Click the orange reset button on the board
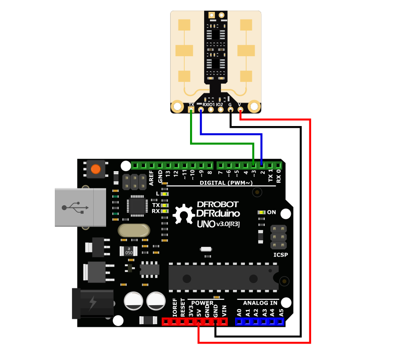click(95, 169)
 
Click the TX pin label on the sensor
click(191, 105)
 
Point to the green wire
click(221, 143)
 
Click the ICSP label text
click(281, 255)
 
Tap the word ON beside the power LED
click(271, 212)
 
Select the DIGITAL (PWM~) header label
click(226, 183)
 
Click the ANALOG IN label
click(260, 303)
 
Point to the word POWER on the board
click(202, 303)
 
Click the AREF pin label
click(151, 176)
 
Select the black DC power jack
click(93, 303)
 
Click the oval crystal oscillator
click(133, 230)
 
